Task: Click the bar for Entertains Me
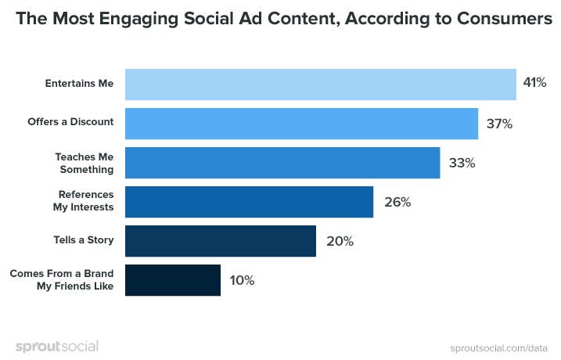(x=320, y=85)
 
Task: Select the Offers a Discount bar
(x=301, y=124)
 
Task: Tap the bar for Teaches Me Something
(x=282, y=163)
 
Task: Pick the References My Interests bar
(x=249, y=202)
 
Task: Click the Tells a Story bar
(x=220, y=241)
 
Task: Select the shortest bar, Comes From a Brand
(x=172, y=280)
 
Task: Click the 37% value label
(x=499, y=124)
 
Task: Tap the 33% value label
(x=462, y=163)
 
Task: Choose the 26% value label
(x=397, y=202)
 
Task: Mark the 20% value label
(x=340, y=241)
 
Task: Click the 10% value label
(x=242, y=280)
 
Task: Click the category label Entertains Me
(x=78, y=84)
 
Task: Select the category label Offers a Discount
(x=71, y=123)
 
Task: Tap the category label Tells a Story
(x=81, y=240)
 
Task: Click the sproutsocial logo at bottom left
(x=56, y=346)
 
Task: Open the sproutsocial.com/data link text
(x=498, y=347)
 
